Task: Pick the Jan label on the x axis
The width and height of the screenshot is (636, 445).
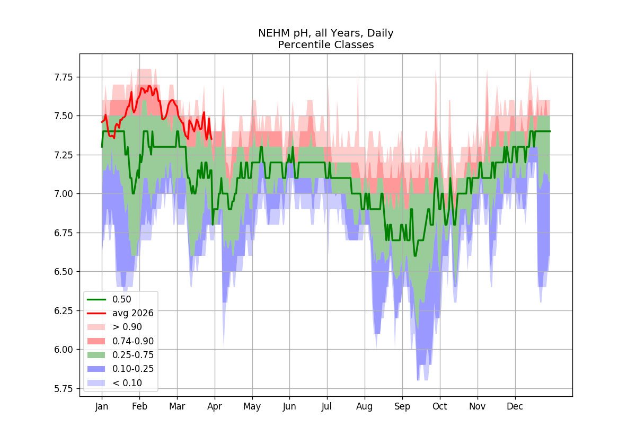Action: (102, 406)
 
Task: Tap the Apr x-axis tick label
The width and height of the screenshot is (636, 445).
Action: (215, 406)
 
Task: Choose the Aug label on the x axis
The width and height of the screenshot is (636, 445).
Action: (365, 406)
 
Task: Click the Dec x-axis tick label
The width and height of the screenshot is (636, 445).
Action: (515, 406)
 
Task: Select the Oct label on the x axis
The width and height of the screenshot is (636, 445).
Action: (440, 406)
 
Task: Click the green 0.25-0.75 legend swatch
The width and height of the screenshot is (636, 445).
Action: (96, 355)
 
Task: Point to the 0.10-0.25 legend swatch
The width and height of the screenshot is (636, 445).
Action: (96, 369)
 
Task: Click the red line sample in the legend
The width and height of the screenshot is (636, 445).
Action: (96, 313)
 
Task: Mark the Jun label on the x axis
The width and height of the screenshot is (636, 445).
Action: (289, 406)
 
